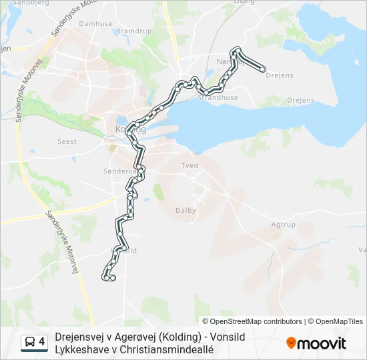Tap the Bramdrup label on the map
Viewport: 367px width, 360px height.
click(134, 31)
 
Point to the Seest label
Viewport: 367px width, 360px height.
click(67, 141)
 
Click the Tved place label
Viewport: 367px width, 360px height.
click(190, 165)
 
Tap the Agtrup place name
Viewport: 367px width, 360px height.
click(283, 225)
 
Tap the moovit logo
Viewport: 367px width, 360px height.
click(316, 343)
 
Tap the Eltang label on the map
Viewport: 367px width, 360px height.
click(244, 2)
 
